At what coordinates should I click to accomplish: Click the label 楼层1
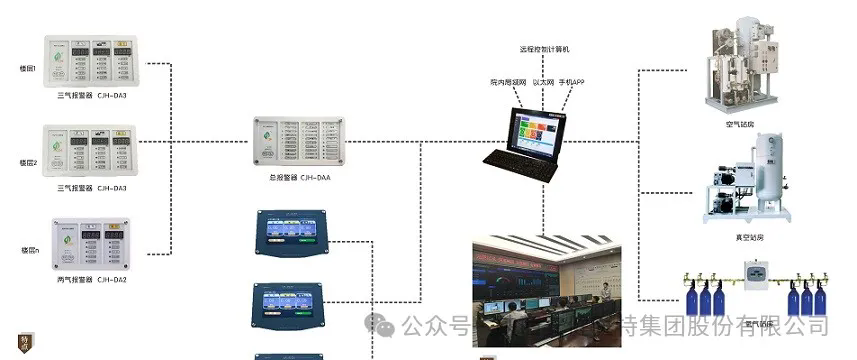click(28, 68)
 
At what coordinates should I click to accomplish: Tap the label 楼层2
click(28, 162)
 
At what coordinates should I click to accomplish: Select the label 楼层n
click(29, 249)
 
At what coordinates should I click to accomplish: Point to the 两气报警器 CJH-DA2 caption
click(92, 279)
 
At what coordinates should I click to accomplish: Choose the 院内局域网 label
click(508, 78)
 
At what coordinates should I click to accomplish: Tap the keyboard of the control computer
click(520, 163)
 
